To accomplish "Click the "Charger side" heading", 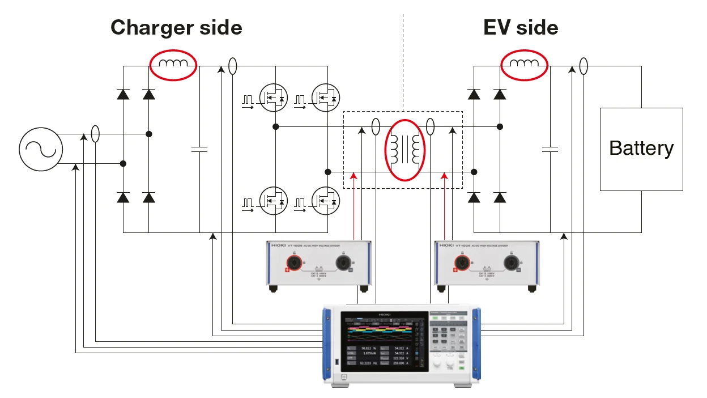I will [176, 27].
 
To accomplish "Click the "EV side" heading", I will [520, 27].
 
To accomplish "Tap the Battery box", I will [641, 149].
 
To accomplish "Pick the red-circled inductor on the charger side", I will [173, 65].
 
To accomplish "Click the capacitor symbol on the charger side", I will [199, 150].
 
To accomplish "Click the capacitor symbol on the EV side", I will [550, 150].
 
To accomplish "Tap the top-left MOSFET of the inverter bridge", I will [273, 98].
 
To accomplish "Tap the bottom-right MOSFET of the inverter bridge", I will [327, 201].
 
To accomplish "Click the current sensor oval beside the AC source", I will [96, 134].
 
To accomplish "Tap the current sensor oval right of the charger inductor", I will [232, 66].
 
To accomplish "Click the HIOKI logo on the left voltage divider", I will [278, 245].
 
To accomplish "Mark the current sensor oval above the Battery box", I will [584, 66].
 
